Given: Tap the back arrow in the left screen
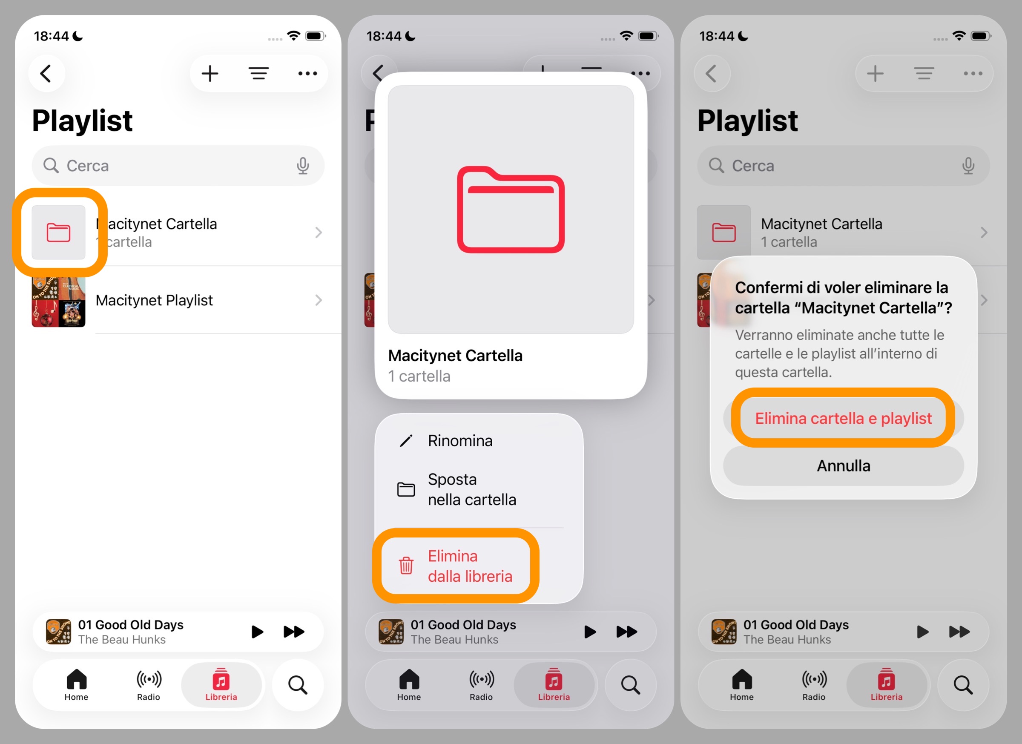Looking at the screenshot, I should (x=46, y=73).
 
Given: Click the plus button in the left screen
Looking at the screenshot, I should (x=210, y=73).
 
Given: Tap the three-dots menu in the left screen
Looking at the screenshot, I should (x=307, y=73).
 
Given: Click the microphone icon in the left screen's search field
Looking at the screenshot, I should (x=303, y=166).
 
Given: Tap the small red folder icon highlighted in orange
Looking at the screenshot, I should (x=59, y=233).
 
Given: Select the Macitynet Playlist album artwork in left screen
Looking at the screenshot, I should (x=59, y=301).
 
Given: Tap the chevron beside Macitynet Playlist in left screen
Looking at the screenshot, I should (x=319, y=300).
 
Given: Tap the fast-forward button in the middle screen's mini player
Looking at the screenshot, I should (x=627, y=632).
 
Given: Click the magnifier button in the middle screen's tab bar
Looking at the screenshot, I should (x=630, y=685).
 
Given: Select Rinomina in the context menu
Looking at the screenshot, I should (x=459, y=441).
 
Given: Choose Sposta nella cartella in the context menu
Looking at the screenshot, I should (x=471, y=489).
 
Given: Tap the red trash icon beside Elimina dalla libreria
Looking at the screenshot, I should (x=406, y=566).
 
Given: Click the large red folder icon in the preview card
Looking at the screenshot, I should (x=511, y=210).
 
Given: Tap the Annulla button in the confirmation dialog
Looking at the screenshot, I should (x=843, y=466).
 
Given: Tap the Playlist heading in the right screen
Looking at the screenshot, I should (x=748, y=121).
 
